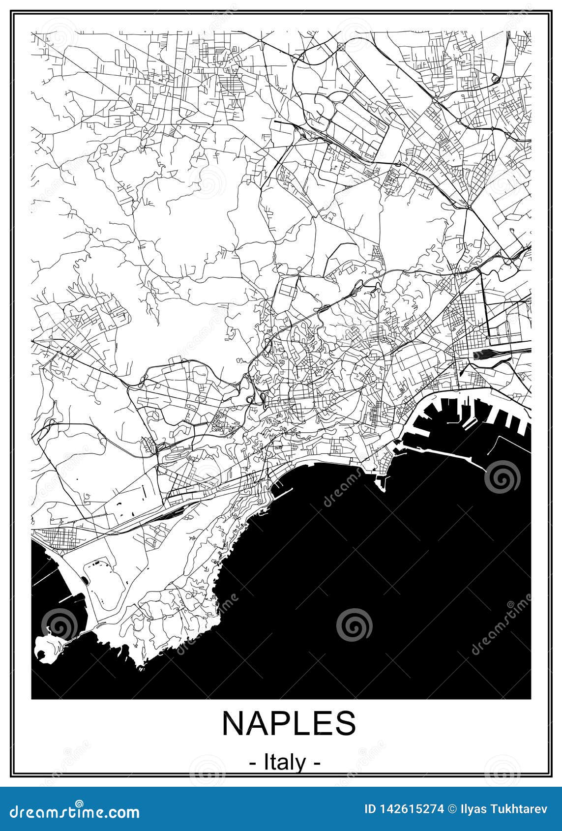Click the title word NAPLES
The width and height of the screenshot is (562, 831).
click(x=289, y=723)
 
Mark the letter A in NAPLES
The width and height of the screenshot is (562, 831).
click(x=259, y=723)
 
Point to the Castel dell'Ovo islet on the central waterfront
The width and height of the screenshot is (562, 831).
click(x=380, y=483)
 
